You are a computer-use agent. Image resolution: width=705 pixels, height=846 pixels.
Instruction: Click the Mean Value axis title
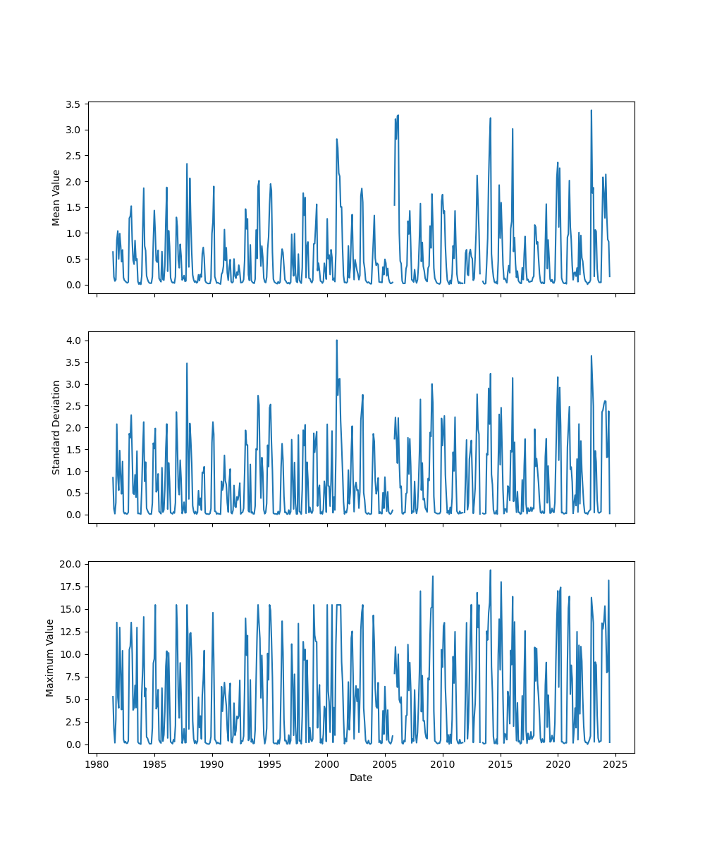click(x=56, y=197)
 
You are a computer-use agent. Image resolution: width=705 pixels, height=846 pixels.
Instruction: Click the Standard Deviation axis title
click(x=56, y=427)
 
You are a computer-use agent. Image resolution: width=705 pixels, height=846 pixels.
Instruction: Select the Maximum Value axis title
click(x=50, y=657)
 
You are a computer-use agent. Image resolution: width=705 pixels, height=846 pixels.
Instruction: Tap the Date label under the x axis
click(x=361, y=778)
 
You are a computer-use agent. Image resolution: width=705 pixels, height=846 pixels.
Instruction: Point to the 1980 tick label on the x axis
click(x=97, y=764)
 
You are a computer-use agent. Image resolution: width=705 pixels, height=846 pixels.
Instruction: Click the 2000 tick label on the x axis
click(x=327, y=764)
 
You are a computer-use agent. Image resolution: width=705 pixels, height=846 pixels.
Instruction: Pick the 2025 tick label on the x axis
click(x=615, y=764)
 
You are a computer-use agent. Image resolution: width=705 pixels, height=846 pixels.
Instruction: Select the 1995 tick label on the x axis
click(x=270, y=764)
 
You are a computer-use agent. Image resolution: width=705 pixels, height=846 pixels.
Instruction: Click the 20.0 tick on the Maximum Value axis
click(x=70, y=564)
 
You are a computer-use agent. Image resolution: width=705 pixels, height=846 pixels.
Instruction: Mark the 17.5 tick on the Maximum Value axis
click(x=70, y=587)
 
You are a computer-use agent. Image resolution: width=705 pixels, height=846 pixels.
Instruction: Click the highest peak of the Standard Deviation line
click(x=336, y=340)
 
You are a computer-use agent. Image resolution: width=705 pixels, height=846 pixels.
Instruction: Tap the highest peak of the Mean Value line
click(x=591, y=110)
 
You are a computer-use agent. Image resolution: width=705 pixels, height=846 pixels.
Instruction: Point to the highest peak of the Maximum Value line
click(x=490, y=570)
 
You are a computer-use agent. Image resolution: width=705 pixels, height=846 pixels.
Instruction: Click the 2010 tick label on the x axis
click(x=443, y=764)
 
